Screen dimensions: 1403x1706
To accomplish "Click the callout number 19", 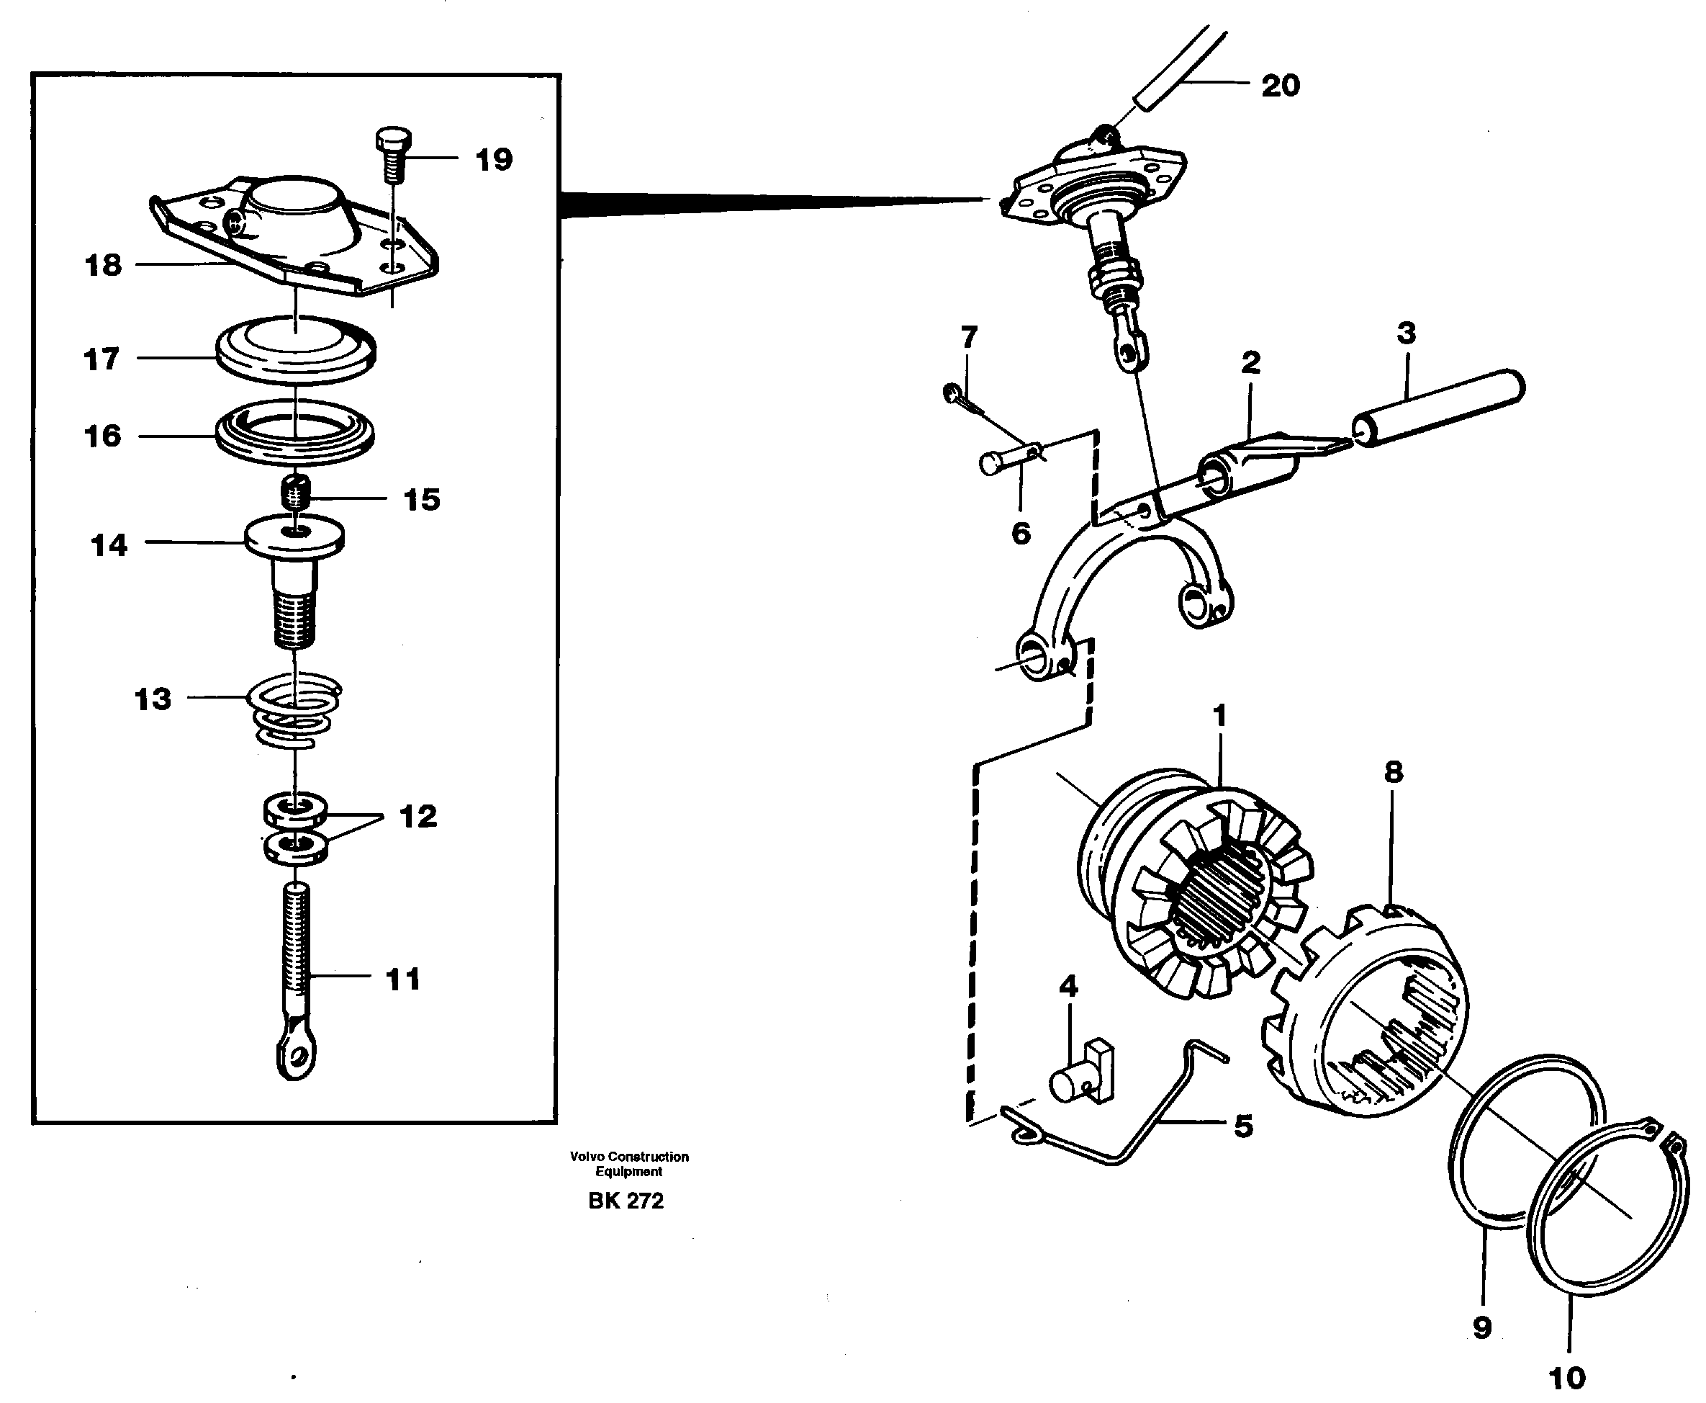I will click(494, 160).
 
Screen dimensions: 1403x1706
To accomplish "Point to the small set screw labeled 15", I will click(297, 492).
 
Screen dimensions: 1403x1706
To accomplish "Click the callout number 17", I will click(101, 359).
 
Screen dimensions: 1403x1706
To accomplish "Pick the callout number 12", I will click(418, 816).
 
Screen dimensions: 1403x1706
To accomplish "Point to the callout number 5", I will click(1243, 1126).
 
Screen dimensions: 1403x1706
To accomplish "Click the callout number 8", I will click(1394, 773).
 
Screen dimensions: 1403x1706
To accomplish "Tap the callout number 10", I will click(1567, 1378).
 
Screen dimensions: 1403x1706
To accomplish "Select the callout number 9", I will click(1481, 1328).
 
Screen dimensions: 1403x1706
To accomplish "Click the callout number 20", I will click(1281, 86).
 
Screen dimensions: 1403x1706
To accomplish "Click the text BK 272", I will click(626, 1201).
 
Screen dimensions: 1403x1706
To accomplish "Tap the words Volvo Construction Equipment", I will click(629, 1164).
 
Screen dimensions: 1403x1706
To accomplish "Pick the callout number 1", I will click(1219, 715).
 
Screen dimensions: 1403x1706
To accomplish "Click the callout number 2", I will click(1250, 363).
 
